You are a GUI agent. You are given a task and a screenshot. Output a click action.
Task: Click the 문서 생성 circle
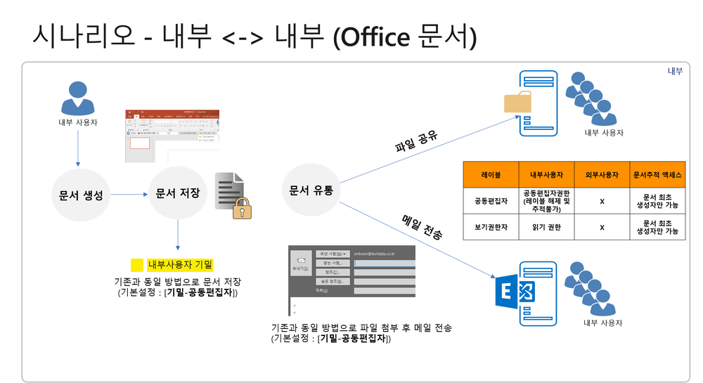(78, 195)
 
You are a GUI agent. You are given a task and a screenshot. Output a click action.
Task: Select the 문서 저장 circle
(178, 193)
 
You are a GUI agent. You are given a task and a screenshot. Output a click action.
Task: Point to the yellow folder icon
(519, 103)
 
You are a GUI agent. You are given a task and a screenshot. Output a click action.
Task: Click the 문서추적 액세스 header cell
(657, 174)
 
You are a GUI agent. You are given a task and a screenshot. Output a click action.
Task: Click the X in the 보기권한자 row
(602, 227)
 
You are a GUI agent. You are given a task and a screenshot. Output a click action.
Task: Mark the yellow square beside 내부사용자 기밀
(137, 266)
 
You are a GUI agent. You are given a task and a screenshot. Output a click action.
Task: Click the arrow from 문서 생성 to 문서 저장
(127, 195)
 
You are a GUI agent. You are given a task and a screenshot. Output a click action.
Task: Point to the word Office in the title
(371, 35)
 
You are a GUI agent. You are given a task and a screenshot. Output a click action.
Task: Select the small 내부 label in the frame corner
(673, 72)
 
